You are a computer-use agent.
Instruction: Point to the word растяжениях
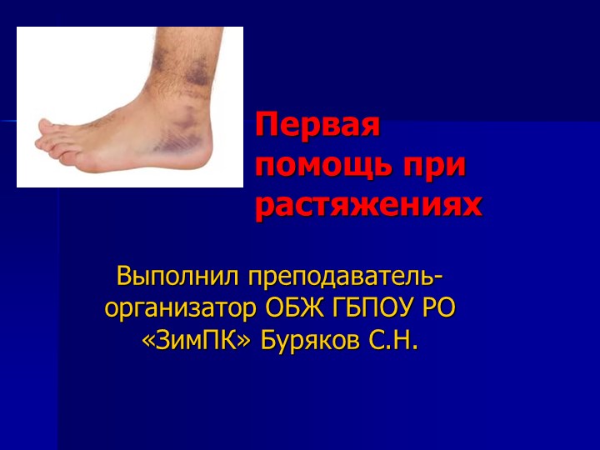[368, 204]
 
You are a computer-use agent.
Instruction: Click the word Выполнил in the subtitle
[170, 276]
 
